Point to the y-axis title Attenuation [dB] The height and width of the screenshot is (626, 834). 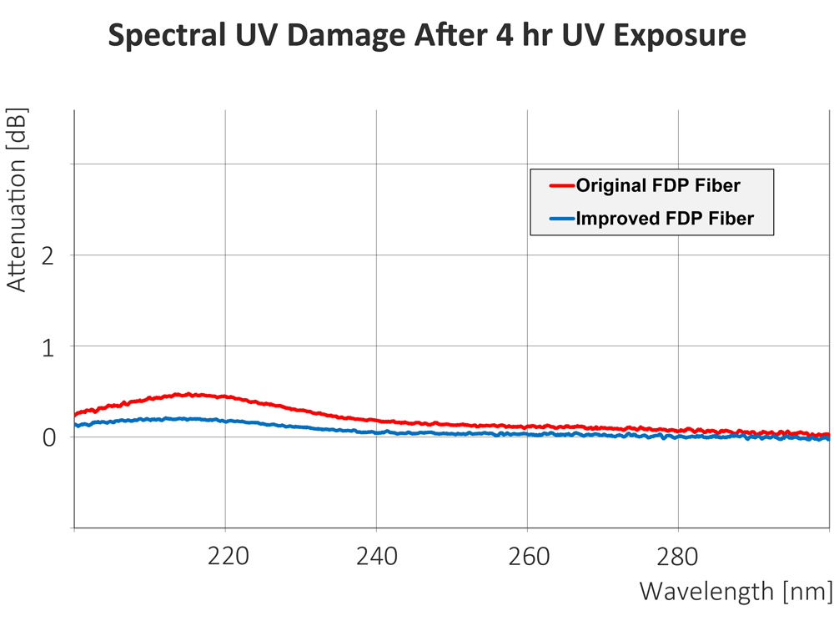17,200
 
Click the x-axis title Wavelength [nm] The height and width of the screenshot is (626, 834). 735,592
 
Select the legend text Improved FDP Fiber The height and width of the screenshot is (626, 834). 666,219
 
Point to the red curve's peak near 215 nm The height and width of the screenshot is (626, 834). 190,394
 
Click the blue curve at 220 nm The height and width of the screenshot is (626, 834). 225,421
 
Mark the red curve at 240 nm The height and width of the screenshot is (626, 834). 376,421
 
